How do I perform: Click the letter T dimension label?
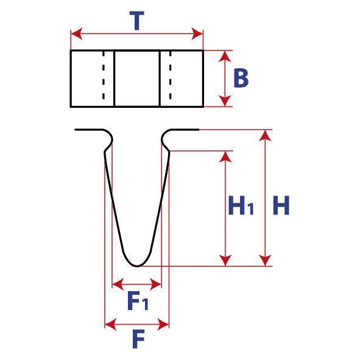click(137, 21)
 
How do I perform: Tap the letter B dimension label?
click(241, 78)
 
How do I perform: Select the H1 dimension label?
click(241, 205)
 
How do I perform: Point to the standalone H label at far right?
click(281, 205)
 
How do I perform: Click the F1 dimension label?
click(138, 300)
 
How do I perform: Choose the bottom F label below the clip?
click(138, 339)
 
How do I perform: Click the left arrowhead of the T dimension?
click(77, 34)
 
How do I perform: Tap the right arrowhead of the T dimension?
click(197, 34)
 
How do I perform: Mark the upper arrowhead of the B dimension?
click(225, 56)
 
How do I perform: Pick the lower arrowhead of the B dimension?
click(225, 101)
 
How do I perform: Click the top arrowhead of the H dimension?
click(266, 135)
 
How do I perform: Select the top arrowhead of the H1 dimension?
click(225, 157)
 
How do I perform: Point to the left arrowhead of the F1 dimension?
click(118, 284)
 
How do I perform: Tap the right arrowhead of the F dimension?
click(163, 325)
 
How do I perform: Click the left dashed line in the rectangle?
click(104, 76)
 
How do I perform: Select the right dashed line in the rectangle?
click(171, 76)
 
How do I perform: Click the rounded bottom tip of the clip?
click(137, 266)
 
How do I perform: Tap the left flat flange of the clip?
click(89, 130)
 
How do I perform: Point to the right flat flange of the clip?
click(184, 130)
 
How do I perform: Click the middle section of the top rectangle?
click(137, 79)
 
